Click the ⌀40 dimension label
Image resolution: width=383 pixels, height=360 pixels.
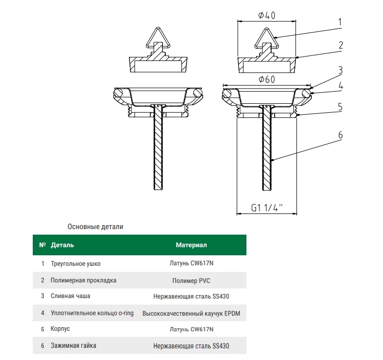click(x=267, y=15)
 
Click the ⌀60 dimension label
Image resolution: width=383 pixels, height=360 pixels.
click(x=266, y=80)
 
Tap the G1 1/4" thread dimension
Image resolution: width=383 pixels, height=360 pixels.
click(x=267, y=207)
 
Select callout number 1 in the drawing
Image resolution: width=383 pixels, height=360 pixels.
click(x=340, y=22)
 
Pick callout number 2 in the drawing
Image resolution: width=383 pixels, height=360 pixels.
click(x=340, y=45)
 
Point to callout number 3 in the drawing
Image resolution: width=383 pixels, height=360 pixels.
click(x=340, y=69)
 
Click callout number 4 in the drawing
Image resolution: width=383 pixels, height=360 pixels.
click(x=340, y=86)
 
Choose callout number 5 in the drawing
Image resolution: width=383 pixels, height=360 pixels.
click(x=340, y=107)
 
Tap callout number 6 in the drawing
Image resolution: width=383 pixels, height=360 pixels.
click(x=340, y=135)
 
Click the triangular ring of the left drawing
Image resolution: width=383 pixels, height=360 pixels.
click(x=157, y=36)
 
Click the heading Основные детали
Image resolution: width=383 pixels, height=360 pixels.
click(x=95, y=227)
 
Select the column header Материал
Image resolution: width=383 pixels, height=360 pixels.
click(x=191, y=245)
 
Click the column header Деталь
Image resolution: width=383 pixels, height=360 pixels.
click(x=62, y=245)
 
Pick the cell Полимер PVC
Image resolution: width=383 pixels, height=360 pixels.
click(x=191, y=280)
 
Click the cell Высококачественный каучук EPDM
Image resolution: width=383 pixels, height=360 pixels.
click(x=191, y=313)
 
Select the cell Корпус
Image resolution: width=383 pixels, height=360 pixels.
click(x=60, y=329)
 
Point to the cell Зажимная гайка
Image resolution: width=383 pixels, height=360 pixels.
click(x=74, y=346)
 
